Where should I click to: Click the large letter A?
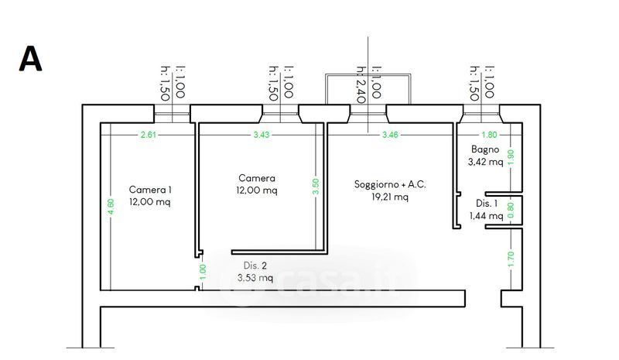pyautogui.click(x=30, y=59)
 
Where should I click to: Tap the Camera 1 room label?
pyautogui.click(x=150, y=190)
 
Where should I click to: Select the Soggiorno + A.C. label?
pyautogui.click(x=390, y=184)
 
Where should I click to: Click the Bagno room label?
pyautogui.click(x=486, y=149)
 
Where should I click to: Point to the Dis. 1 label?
pyautogui.click(x=486, y=203)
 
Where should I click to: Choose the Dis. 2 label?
pyautogui.click(x=255, y=264)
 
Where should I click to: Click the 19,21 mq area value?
pyautogui.click(x=390, y=197)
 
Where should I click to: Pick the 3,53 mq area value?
pyautogui.click(x=255, y=277)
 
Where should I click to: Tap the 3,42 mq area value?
pyautogui.click(x=486, y=163)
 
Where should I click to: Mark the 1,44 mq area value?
pyautogui.click(x=486, y=216)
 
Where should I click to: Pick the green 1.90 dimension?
pyautogui.click(x=511, y=156)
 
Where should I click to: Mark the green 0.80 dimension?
pyautogui.click(x=511, y=207)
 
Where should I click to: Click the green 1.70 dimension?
pyautogui.click(x=511, y=258)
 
